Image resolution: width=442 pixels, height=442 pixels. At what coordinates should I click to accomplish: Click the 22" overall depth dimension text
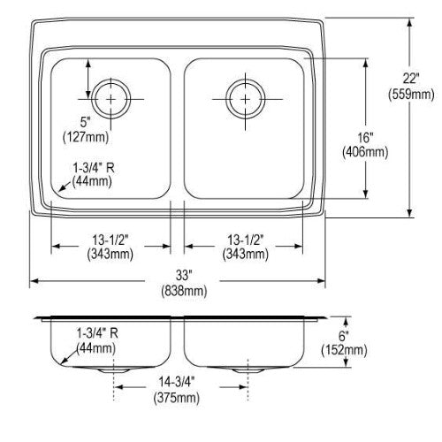point(411,79)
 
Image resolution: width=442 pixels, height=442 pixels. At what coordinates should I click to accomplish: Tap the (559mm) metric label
point(411,95)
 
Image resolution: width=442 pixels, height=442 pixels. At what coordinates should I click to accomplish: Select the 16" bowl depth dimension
point(366,137)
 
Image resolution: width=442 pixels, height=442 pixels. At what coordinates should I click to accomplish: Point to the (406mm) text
point(365,152)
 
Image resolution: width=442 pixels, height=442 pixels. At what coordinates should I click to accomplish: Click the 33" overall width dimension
point(184,276)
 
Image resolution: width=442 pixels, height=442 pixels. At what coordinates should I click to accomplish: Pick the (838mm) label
point(184,291)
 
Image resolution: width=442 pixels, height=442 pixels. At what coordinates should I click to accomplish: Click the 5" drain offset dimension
point(86,121)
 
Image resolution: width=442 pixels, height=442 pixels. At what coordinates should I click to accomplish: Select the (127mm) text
point(86,137)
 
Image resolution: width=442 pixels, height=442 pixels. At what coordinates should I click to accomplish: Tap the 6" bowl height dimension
point(344,335)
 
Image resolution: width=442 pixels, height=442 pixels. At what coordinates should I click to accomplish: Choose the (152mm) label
point(344,350)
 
